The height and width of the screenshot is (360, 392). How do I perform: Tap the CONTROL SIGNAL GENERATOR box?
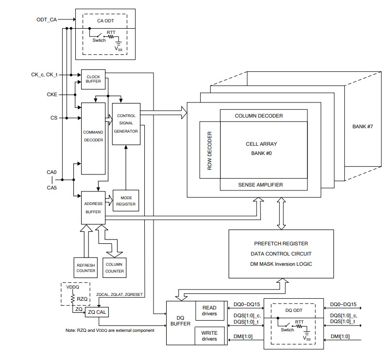pos(126,123)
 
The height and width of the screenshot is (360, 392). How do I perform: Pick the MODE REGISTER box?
pos(126,200)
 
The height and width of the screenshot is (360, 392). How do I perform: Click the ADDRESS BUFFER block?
pos(93,207)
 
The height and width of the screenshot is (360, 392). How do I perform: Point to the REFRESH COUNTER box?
pos(85,268)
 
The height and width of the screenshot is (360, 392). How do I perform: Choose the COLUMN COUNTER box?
pos(115,268)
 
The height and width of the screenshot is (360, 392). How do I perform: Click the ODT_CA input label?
pos(47,20)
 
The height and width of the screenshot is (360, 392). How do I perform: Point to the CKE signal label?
pos(52,94)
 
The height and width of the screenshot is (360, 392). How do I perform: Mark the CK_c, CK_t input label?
pos(44,75)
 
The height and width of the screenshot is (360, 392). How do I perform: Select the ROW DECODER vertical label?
pos(210,150)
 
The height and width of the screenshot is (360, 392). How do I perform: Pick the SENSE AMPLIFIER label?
pos(260,185)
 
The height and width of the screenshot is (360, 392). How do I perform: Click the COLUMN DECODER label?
pos(258,116)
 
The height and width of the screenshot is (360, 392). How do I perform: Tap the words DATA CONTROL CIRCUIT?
pos(281,254)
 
